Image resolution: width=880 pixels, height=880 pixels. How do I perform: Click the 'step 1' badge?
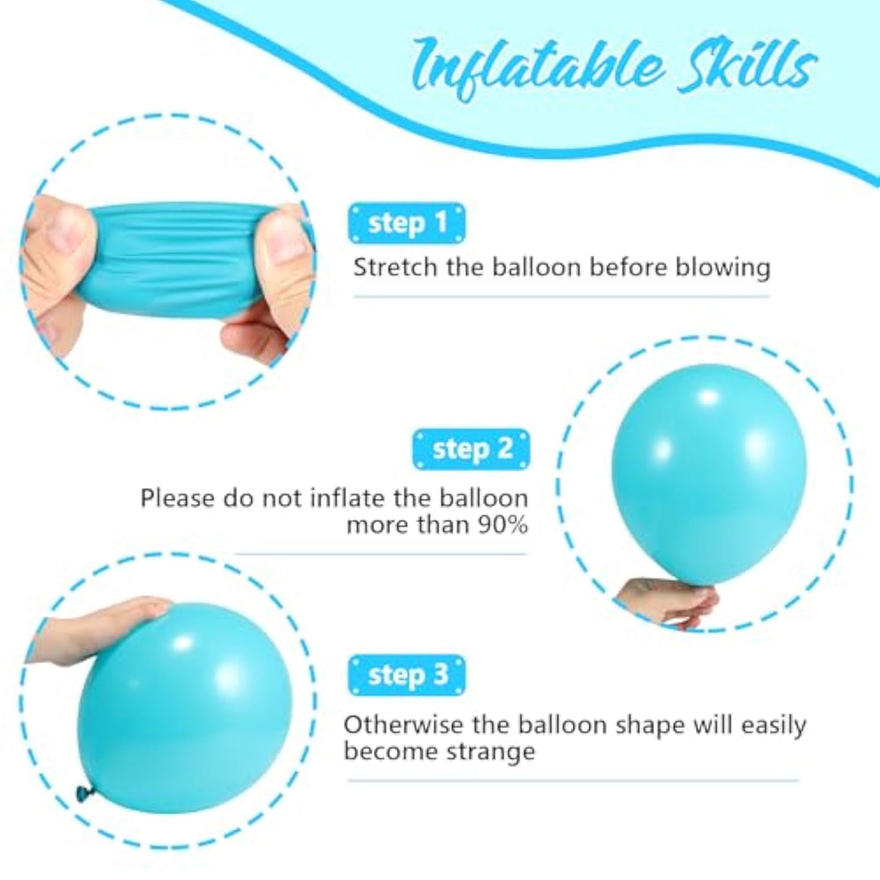407,224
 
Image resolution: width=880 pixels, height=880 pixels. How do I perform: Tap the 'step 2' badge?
472,449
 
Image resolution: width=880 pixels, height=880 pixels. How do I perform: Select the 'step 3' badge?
407,675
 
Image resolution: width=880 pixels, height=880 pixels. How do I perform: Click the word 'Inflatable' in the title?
538,68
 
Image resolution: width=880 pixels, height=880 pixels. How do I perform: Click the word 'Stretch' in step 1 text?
395,268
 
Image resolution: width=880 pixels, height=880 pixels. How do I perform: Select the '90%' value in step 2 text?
502,524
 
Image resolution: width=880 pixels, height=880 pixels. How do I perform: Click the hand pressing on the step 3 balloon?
101,623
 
